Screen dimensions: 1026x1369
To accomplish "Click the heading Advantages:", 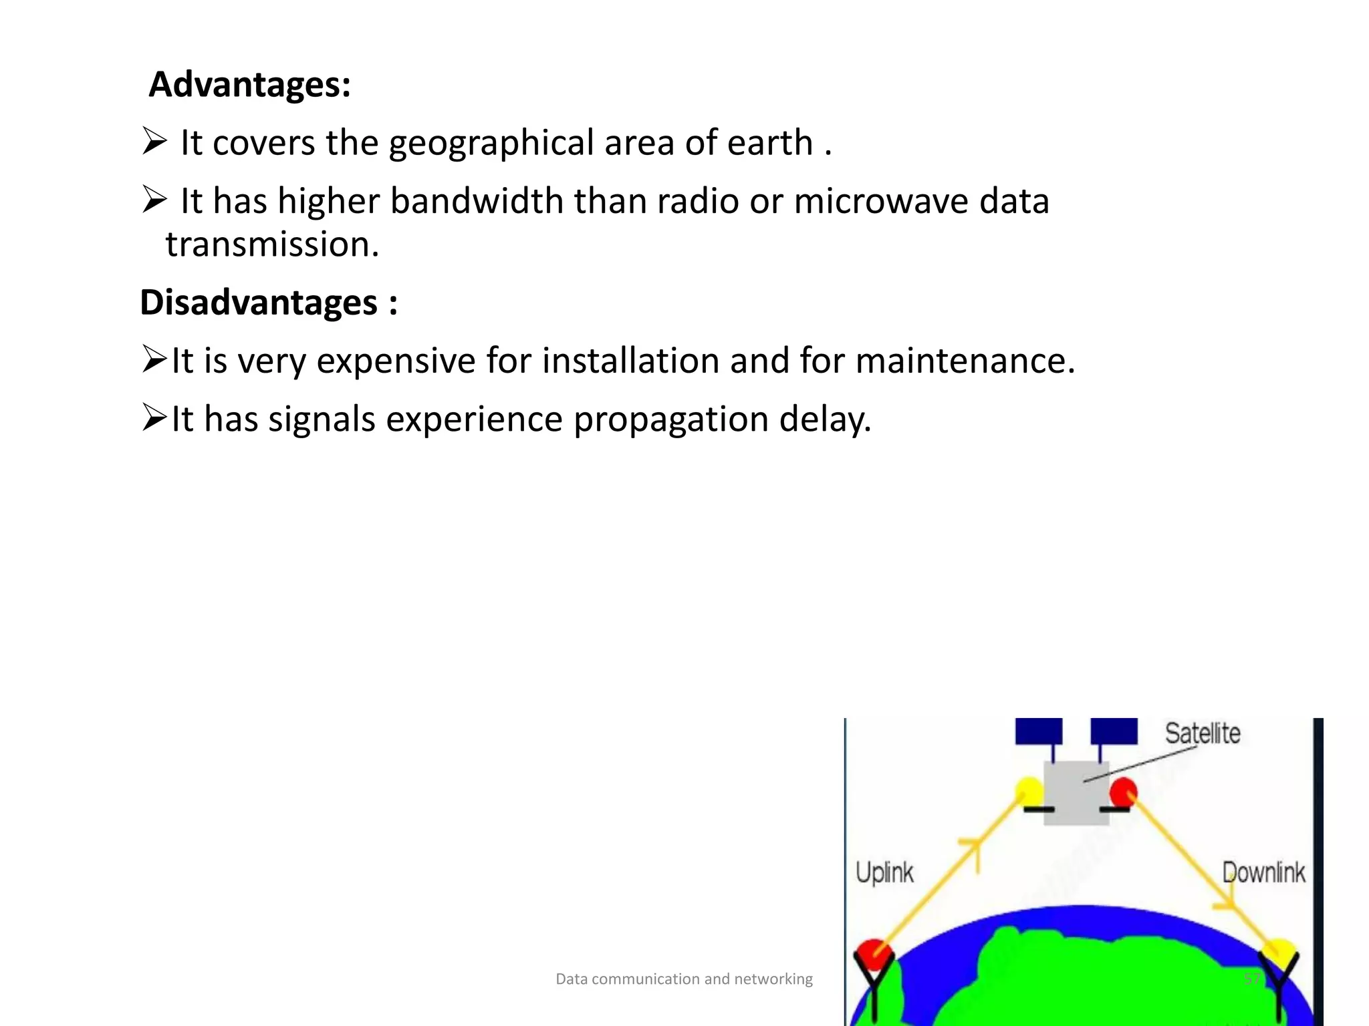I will [249, 85].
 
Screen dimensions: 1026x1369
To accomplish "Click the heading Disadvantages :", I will [269, 303].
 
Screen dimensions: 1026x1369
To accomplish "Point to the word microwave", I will [881, 201].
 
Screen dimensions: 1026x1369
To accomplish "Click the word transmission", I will [272, 244].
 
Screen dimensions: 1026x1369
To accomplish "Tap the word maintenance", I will [965, 361].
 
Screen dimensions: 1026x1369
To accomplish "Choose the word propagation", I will [670, 420].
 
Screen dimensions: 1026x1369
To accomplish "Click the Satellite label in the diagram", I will [1203, 733].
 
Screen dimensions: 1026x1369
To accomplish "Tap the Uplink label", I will [884, 872].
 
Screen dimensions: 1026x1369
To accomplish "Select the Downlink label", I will [1263, 872].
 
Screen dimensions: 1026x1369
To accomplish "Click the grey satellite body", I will [1076, 793].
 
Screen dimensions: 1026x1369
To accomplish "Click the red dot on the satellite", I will [1123, 792].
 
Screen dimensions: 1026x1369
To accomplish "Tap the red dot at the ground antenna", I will [872, 954].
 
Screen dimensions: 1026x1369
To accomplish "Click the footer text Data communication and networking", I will [684, 979].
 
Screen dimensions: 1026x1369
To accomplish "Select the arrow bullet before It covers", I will [154, 142].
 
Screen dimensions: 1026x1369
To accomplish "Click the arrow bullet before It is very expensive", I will [154, 359].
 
